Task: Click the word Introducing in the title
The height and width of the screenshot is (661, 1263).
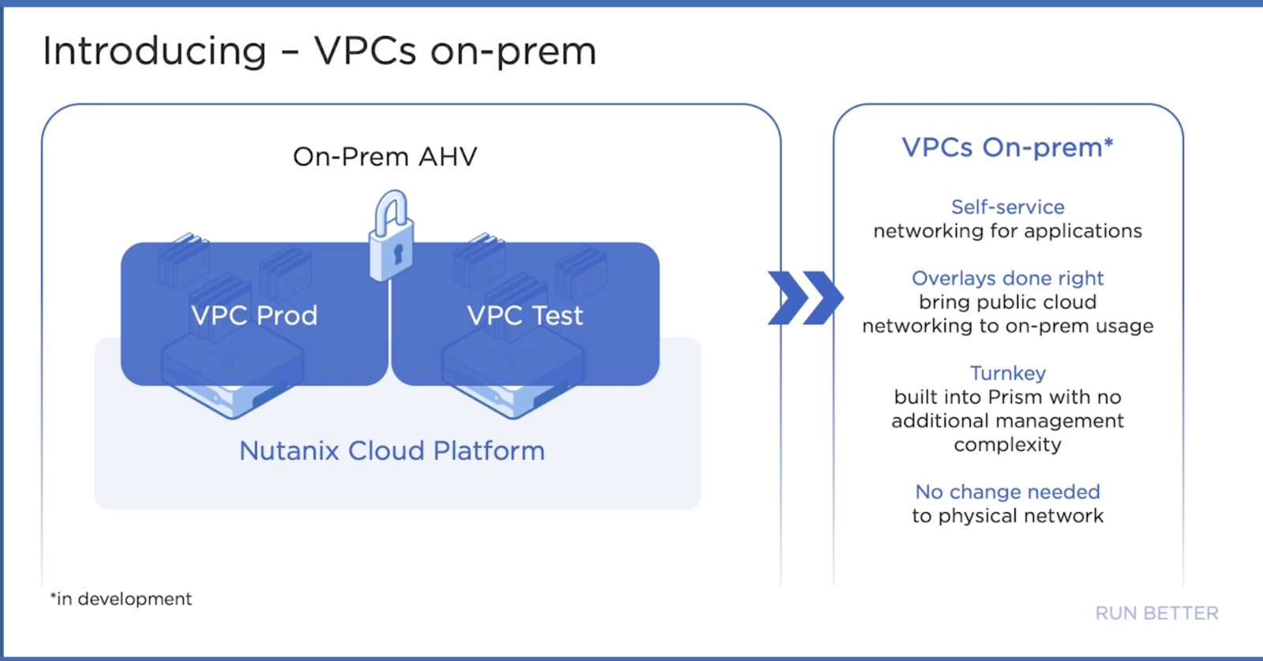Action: tap(155, 51)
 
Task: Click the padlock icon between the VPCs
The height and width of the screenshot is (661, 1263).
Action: tap(392, 236)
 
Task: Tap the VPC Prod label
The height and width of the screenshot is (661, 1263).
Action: tap(254, 315)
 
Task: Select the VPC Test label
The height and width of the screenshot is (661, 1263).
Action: tap(525, 315)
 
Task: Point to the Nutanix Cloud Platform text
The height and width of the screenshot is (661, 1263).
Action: tap(392, 451)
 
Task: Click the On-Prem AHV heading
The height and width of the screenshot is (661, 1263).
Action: tap(385, 157)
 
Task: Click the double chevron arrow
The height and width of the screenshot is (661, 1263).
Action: tap(806, 297)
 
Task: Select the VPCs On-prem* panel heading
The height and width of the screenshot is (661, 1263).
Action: tap(1007, 148)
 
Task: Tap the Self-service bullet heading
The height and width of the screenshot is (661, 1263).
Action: tap(1007, 207)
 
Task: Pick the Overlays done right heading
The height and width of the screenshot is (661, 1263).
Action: tap(1007, 278)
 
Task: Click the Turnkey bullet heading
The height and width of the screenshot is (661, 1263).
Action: tap(1007, 374)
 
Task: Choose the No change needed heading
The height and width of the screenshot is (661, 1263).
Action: tap(1007, 492)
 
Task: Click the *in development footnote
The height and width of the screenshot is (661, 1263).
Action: tap(122, 599)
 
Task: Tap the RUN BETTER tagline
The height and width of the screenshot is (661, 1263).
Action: tap(1157, 613)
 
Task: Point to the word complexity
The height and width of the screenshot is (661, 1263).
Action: tap(1007, 445)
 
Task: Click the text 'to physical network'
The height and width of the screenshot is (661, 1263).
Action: tap(1007, 516)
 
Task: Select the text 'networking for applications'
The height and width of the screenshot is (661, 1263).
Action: tap(1007, 231)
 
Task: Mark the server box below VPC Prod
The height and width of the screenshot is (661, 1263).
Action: tap(232, 379)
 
